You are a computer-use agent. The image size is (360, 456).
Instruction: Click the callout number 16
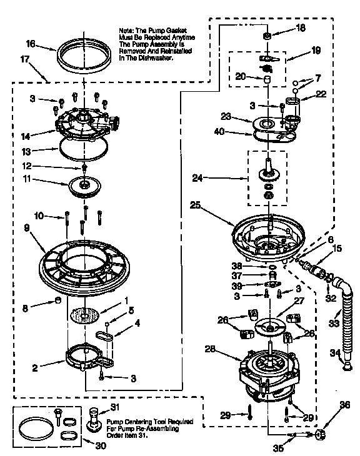pos(29,45)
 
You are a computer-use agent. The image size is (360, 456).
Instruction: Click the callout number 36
pos(344,405)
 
